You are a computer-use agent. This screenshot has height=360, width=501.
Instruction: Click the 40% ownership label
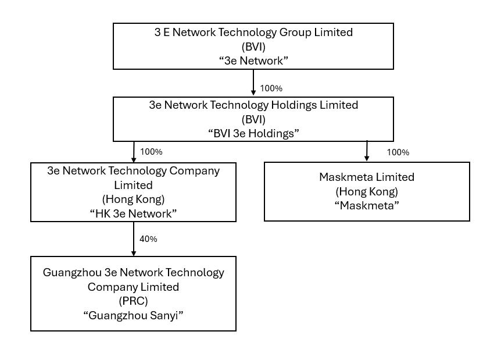[148, 239]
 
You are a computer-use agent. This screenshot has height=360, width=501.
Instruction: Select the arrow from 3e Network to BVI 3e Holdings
[253, 83]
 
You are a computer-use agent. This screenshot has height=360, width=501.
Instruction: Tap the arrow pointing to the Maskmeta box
[367, 151]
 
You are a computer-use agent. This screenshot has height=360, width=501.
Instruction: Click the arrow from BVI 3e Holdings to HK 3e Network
[134, 152]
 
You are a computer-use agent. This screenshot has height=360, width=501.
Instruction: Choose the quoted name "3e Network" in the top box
[253, 60]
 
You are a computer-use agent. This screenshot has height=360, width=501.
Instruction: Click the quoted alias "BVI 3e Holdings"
[253, 133]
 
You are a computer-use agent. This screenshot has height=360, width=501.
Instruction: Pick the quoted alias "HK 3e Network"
[133, 213]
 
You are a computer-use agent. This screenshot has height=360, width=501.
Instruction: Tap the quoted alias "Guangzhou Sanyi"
[133, 315]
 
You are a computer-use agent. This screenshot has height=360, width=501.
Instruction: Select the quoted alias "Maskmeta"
[367, 205]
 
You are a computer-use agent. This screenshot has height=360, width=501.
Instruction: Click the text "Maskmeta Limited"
[367, 177]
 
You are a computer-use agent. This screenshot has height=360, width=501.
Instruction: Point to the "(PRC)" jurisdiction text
[133, 301]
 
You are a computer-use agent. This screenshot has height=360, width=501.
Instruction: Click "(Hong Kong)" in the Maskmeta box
[367, 191]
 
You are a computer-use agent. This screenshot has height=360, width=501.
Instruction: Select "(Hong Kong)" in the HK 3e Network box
[133, 199]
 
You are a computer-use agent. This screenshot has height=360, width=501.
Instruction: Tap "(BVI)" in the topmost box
[253, 47]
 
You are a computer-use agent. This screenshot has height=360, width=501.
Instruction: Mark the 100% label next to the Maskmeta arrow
[398, 152]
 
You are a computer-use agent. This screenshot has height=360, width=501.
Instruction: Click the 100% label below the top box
[271, 88]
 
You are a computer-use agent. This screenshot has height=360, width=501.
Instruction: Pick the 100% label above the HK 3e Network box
[151, 152]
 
